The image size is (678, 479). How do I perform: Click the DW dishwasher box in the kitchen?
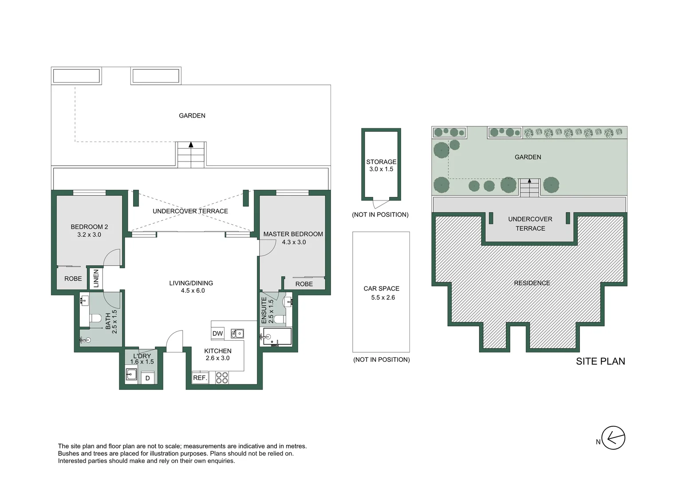click(217, 334)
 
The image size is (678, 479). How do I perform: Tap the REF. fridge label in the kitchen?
click(200, 378)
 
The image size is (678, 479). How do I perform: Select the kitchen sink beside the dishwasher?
click(237, 334)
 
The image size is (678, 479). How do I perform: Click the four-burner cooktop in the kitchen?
click(222, 378)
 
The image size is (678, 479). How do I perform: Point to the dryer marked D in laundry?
click(148, 378)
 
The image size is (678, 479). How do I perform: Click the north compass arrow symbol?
click(613, 438)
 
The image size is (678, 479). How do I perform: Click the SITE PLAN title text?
click(600, 361)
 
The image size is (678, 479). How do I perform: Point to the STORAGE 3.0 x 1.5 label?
click(381, 165)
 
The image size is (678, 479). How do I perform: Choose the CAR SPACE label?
click(381, 289)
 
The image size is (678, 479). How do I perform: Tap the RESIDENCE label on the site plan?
click(532, 283)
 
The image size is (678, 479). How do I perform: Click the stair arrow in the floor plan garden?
click(191, 145)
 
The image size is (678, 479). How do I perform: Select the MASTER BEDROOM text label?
click(293, 234)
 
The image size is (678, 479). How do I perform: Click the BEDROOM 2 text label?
click(89, 227)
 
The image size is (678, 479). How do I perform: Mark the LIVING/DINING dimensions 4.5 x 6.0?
click(193, 291)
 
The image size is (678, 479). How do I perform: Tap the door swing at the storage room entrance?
click(380, 204)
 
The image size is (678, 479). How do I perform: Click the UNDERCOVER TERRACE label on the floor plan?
click(190, 211)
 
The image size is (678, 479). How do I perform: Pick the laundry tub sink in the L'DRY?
click(131, 375)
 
